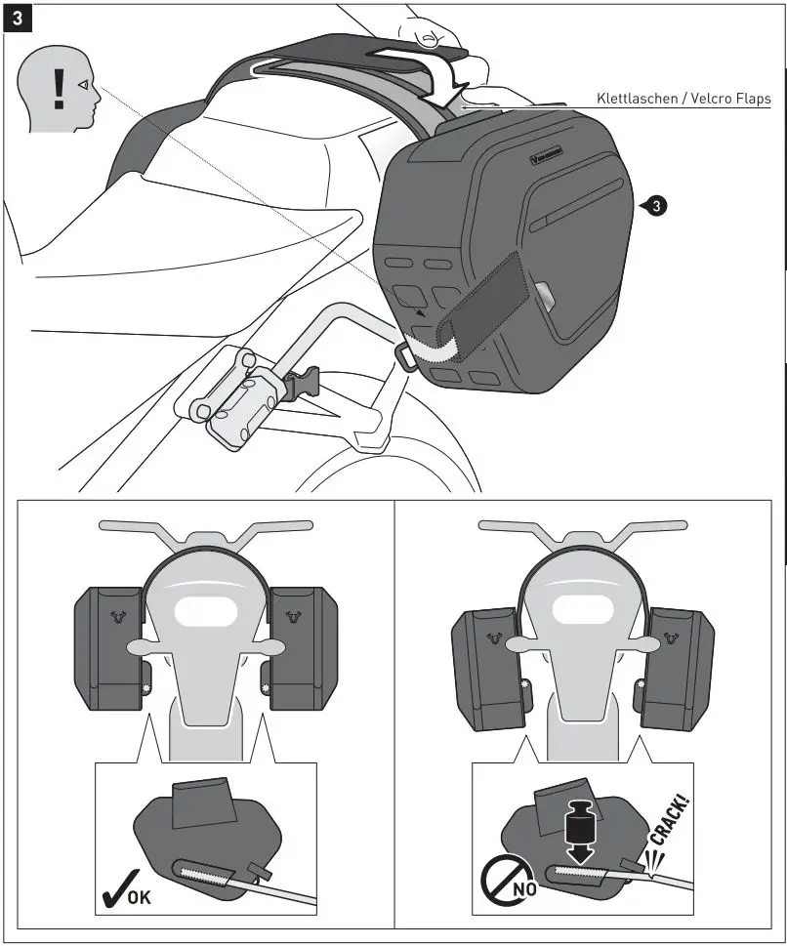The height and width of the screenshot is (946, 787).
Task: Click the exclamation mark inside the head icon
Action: point(59,88)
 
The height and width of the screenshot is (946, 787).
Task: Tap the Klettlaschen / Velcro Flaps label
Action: point(683,99)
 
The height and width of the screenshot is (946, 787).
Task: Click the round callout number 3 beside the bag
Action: point(658,206)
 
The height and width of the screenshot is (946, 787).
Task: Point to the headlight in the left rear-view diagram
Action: point(206,612)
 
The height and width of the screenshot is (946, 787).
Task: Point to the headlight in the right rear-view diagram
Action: point(582,612)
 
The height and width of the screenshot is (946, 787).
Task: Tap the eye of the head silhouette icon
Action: point(85,86)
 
